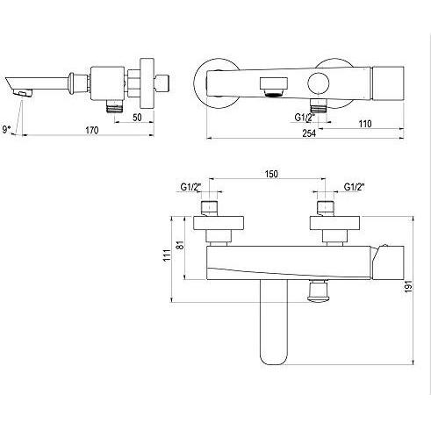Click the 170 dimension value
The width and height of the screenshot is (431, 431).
point(92,131)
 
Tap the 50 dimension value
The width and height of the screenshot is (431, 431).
point(137,118)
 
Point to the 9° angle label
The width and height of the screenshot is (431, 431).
point(7,129)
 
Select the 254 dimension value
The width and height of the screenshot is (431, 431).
point(309,133)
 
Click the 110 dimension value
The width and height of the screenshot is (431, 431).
point(365,124)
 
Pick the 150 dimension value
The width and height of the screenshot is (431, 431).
point(271,174)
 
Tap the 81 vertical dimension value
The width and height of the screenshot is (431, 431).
point(182,245)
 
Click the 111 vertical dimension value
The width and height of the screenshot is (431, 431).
point(167,255)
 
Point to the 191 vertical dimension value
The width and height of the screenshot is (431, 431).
point(409,286)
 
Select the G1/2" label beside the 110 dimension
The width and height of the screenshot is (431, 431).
point(305,118)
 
